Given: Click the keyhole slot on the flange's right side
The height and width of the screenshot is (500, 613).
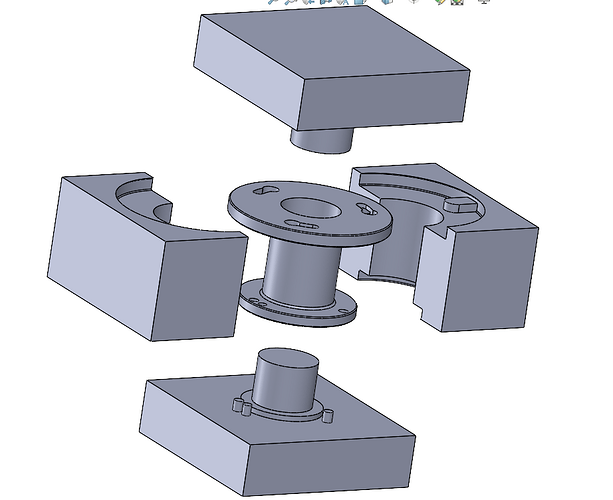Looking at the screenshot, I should tap(365, 211).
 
